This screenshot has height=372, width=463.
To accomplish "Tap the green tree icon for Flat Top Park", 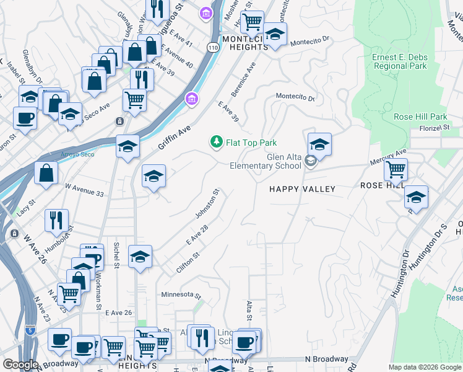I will pyautogui.click(x=216, y=143).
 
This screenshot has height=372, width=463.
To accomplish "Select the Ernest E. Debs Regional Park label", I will pyautogui.click(x=399, y=61).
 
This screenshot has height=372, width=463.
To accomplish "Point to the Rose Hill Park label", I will pyautogui.click(x=420, y=117).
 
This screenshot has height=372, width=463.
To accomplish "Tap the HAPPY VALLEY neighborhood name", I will pyautogui.click(x=302, y=189).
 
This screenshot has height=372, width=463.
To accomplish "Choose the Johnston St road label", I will pyautogui.click(x=208, y=204).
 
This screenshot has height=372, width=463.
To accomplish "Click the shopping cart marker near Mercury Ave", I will pyautogui.click(x=396, y=169).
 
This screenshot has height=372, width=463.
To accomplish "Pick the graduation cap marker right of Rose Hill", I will pyautogui.click(x=416, y=197).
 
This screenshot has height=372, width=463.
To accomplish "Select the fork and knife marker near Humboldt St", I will pyautogui.click(x=56, y=220).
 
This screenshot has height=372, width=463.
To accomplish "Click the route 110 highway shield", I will pyautogui.click(x=213, y=46).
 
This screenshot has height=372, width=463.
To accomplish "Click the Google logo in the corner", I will pyautogui.click(x=20, y=365).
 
